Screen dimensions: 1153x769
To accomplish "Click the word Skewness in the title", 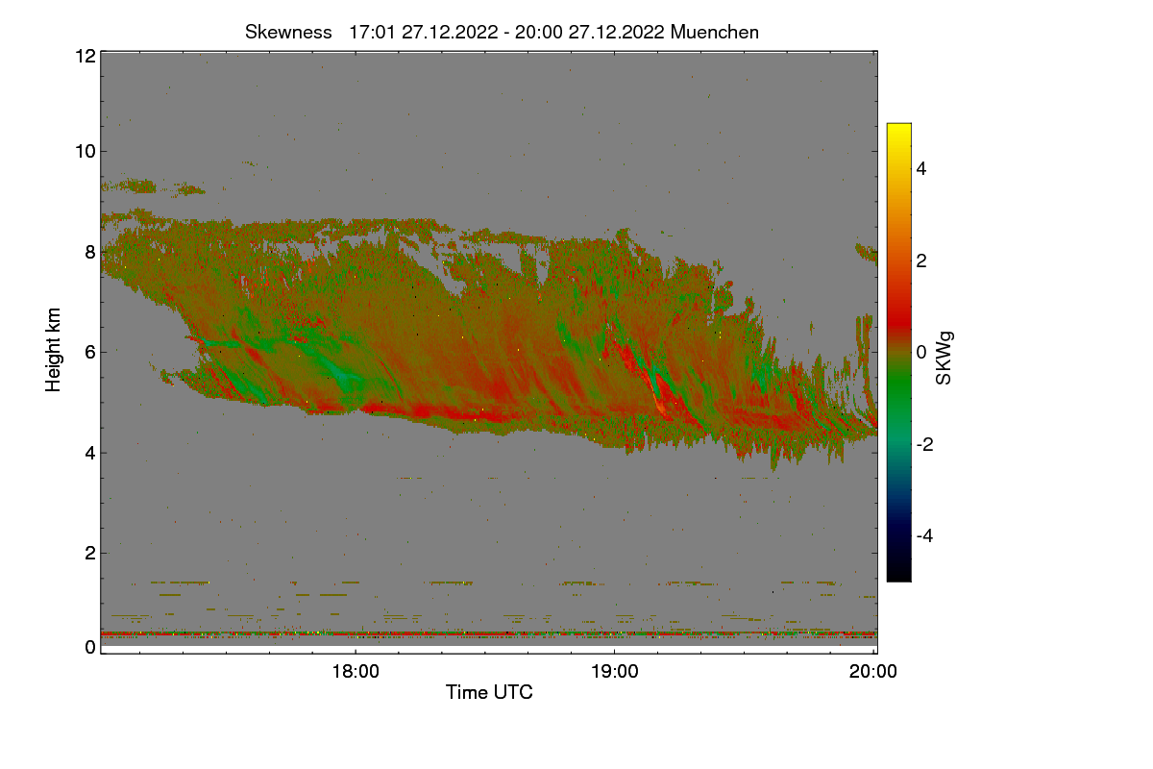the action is pyautogui.click(x=288, y=33).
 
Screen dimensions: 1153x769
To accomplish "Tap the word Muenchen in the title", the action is pyautogui.click(x=715, y=33).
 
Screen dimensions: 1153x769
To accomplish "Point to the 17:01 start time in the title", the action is pyautogui.click(x=372, y=33).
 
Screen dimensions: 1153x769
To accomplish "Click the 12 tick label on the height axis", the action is pyautogui.click(x=86, y=56).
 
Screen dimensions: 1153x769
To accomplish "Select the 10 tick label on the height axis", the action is pyautogui.click(x=86, y=152).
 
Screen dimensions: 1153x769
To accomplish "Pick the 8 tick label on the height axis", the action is pyautogui.click(x=90, y=252).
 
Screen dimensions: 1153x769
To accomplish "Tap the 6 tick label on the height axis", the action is pyautogui.click(x=90, y=353).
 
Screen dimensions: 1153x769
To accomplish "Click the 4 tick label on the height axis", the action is pyautogui.click(x=90, y=454).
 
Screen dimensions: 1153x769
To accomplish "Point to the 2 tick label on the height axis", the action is pyautogui.click(x=90, y=553).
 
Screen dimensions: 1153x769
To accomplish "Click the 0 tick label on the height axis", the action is pyautogui.click(x=90, y=647).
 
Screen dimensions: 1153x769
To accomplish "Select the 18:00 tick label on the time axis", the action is pyautogui.click(x=356, y=672).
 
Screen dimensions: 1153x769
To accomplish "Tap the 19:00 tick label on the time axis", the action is pyautogui.click(x=615, y=672).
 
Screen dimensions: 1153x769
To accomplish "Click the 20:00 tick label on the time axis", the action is pyautogui.click(x=873, y=672).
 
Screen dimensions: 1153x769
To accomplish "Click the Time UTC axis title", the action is pyautogui.click(x=489, y=692).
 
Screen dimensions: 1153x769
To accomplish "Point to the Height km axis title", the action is pyautogui.click(x=53, y=350).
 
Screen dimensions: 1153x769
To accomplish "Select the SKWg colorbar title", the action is pyautogui.click(x=944, y=358).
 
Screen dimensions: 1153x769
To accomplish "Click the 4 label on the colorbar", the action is pyautogui.click(x=921, y=169).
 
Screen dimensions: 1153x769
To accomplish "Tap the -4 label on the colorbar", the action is pyautogui.click(x=924, y=536).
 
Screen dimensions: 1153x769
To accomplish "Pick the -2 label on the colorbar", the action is pyautogui.click(x=924, y=444).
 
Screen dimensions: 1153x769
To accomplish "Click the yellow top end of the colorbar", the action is pyautogui.click(x=898, y=125).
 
